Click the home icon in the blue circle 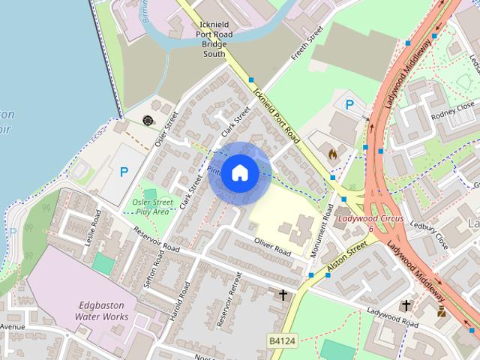tap(238, 172)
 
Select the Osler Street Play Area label tap(153, 206)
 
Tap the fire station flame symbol tap(332, 154)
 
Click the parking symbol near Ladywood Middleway tap(348, 105)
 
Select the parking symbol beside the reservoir tap(124, 172)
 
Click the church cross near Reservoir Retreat tap(283, 295)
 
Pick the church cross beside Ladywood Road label tap(406, 305)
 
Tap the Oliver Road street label tap(271, 247)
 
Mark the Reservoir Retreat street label tap(228, 303)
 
